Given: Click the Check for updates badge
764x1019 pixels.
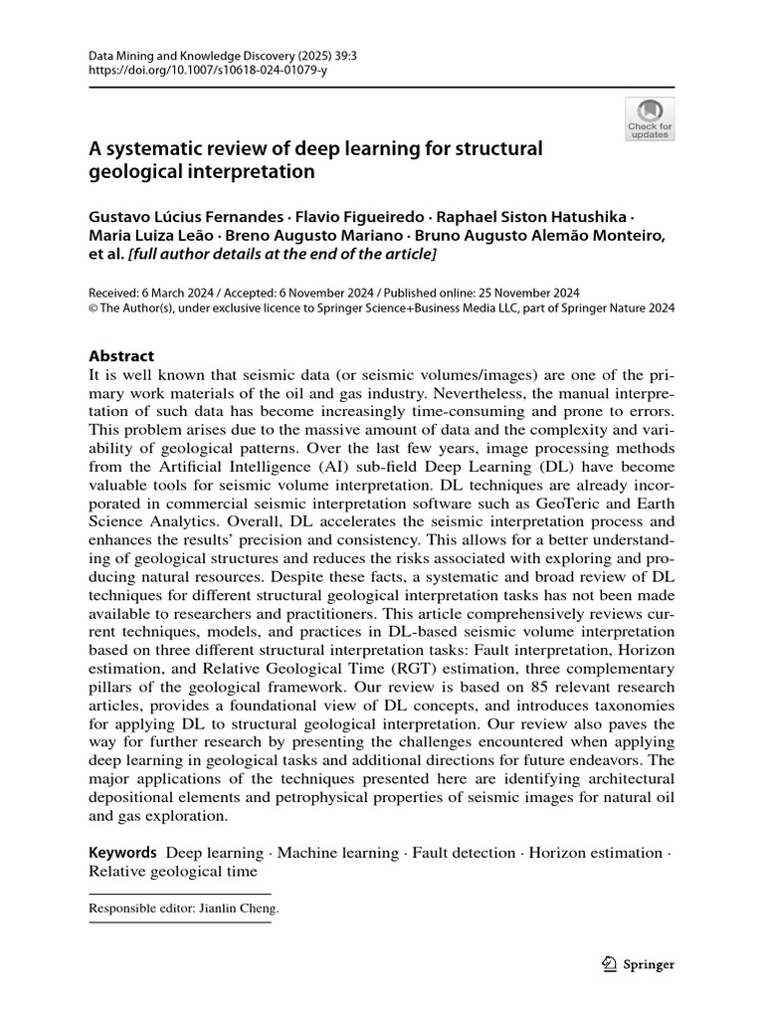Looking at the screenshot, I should pyautogui.click(x=650, y=118).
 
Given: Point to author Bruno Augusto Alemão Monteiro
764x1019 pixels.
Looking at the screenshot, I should pyautogui.click(x=538, y=235).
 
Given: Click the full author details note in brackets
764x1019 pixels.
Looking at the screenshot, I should pyautogui.click(x=282, y=254).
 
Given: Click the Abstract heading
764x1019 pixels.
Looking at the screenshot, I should pyautogui.click(x=121, y=355).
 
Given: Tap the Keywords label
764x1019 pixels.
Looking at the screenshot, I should pyautogui.click(x=123, y=853).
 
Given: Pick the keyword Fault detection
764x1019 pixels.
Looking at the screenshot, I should pyautogui.click(x=465, y=853).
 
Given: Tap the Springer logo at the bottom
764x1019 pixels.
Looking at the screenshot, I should pyautogui.click(x=640, y=964).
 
